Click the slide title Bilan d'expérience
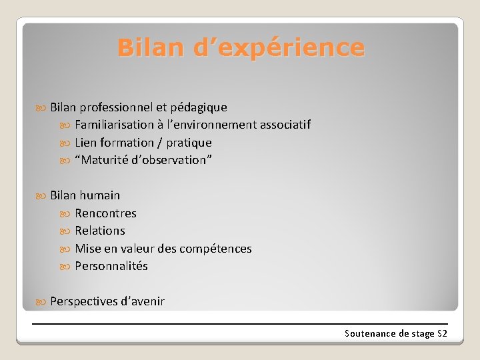point(241,48)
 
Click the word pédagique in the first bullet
point(199,107)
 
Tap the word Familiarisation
point(114,125)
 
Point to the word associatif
point(285,125)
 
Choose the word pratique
point(189,143)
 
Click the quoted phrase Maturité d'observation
point(143,160)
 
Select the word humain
point(100,195)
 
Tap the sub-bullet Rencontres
point(105,213)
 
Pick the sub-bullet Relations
point(100,231)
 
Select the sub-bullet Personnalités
point(111,266)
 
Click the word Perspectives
point(83,301)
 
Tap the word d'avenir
point(142,301)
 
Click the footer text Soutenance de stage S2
point(395,333)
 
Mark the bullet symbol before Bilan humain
point(42,196)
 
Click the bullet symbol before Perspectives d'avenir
point(42,302)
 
